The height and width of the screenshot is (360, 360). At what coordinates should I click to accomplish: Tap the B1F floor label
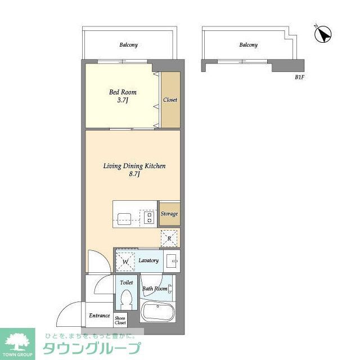pos(299,77)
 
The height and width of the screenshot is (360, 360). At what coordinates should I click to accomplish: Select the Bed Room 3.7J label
pos(123,96)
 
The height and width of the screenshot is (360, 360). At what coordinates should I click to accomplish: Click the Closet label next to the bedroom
pos(170,100)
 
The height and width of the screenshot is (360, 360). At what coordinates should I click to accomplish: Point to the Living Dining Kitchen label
pos(133,170)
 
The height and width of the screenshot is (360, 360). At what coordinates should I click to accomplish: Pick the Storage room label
pos(169,214)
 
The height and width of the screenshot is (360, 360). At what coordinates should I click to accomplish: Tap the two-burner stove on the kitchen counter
pos(150,217)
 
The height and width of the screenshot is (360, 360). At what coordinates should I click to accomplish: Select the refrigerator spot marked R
pos(169,238)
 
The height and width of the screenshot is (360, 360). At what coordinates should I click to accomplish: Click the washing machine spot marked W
pos(125,261)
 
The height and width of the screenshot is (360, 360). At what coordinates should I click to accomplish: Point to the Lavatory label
pos(149,260)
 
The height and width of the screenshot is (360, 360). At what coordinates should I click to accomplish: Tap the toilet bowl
pos(126,299)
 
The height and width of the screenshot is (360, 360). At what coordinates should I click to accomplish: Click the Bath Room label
pos(155,289)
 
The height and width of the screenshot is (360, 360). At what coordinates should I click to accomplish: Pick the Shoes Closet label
pos(121,321)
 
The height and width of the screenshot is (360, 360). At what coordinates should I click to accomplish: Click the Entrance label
pos(99,316)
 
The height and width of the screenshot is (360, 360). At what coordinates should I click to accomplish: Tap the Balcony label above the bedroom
pos(128,45)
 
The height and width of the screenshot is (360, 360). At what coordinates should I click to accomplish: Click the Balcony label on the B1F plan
pos(248,45)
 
